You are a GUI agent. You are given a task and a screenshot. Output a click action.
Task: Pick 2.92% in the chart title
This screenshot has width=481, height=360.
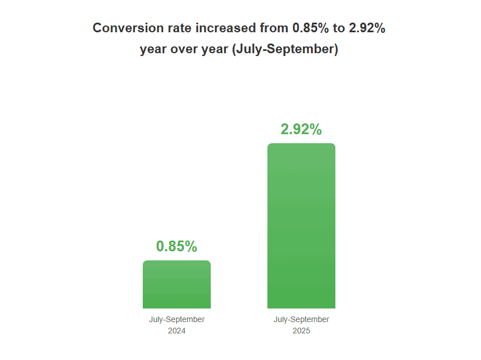point(366,28)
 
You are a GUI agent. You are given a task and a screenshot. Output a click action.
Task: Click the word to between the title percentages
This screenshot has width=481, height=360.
point(339,28)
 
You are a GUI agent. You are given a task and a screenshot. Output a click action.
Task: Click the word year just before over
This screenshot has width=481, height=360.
point(154,49)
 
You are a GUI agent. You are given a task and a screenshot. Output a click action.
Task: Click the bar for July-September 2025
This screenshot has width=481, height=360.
point(301,226)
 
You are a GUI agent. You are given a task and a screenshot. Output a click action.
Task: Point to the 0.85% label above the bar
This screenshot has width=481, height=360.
point(177,246)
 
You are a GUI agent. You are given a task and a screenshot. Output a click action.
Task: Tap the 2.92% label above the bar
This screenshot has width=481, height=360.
point(301,129)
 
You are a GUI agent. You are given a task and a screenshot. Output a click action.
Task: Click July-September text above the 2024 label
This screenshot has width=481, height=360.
point(177,319)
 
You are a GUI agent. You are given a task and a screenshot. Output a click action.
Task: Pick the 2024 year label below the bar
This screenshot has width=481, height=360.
point(177,331)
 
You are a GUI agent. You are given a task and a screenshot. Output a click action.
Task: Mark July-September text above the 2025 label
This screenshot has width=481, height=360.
point(301,319)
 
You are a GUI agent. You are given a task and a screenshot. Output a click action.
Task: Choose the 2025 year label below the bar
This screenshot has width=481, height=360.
point(301,331)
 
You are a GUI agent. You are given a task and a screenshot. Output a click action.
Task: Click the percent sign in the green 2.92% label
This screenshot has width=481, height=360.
point(316,129)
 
